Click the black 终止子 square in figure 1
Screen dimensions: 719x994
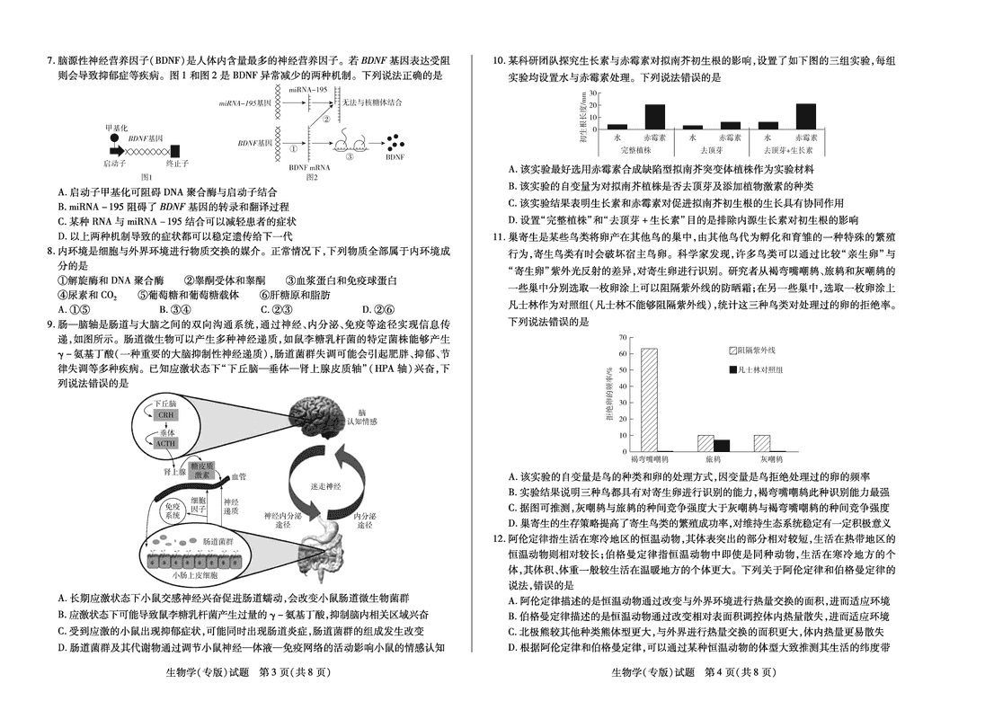coord(175,150)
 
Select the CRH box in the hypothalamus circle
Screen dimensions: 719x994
coord(165,416)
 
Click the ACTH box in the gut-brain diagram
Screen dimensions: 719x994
coord(165,443)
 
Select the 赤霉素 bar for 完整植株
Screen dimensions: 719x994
coord(655,117)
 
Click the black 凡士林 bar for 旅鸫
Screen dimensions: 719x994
coord(722,445)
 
